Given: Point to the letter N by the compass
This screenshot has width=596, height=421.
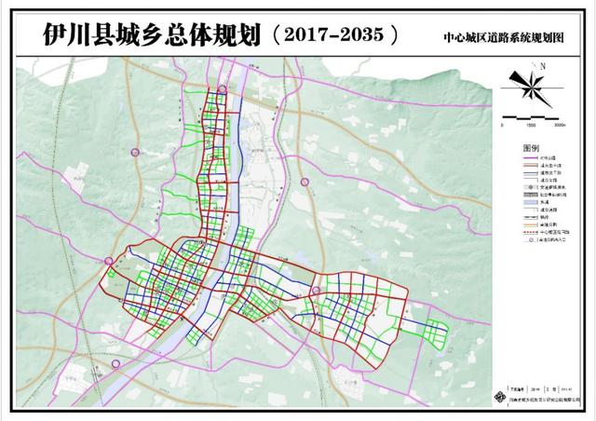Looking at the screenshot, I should point(541,65).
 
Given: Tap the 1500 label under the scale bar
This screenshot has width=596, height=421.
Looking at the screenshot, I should point(529,123).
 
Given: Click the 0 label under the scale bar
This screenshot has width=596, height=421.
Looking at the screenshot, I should point(503,123).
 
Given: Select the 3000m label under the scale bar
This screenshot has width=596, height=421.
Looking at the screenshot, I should point(560,123).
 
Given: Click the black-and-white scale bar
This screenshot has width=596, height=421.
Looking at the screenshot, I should point(531,115).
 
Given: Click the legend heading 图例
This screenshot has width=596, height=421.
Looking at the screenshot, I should point(531,149).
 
